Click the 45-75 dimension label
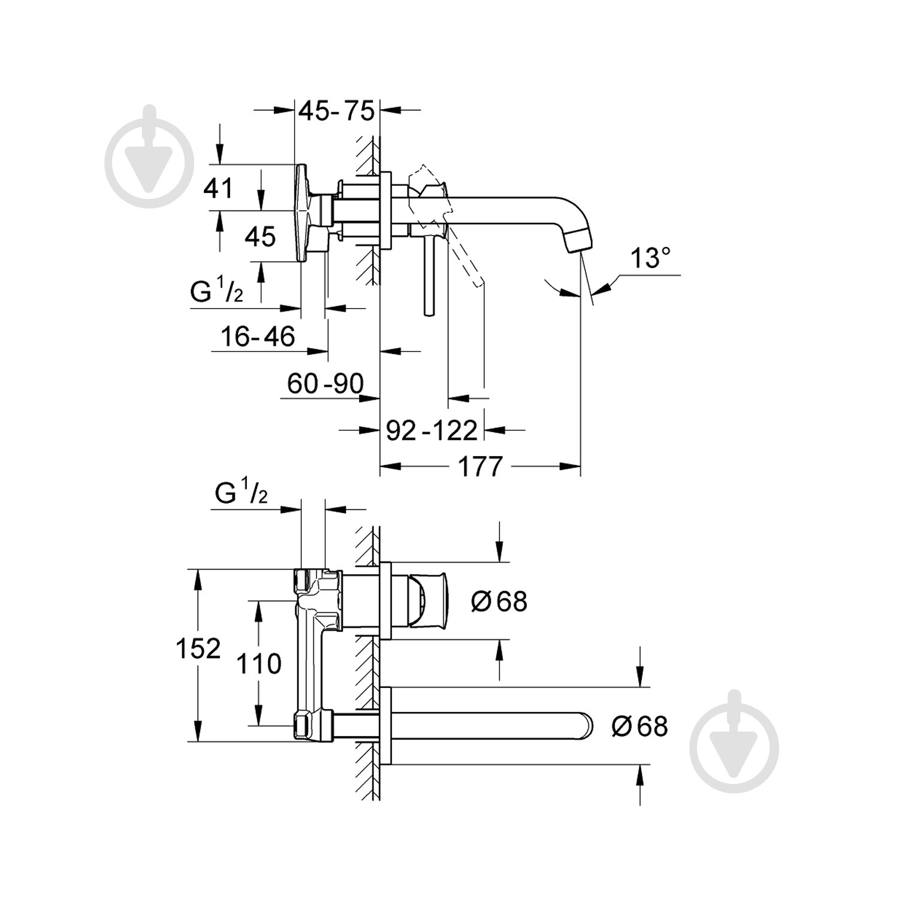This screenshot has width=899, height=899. (336, 111)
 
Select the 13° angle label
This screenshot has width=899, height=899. (650, 259)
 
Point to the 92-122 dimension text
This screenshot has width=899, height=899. (432, 430)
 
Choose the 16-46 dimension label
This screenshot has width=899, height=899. (258, 337)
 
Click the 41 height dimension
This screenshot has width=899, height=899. (218, 188)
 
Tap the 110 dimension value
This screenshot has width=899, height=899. (258, 664)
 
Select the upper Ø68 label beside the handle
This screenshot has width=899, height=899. (499, 601)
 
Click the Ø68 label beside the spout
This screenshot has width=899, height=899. (639, 726)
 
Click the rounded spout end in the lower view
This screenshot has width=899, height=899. (584, 726)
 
